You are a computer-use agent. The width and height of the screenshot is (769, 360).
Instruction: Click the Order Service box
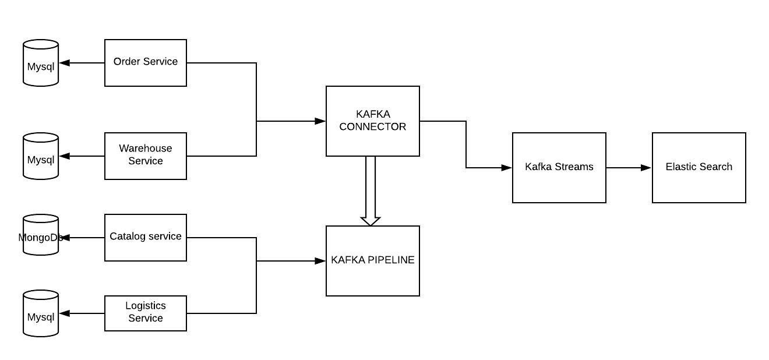(x=146, y=63)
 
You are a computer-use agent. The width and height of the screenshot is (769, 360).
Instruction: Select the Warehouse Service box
(x=146, y=156)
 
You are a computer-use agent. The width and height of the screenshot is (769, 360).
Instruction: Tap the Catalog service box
(x=146, y=237)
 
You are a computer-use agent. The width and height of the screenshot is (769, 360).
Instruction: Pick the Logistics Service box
(x=146, y=313)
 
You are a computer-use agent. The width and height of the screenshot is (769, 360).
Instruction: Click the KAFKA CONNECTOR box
(x=373, y=121)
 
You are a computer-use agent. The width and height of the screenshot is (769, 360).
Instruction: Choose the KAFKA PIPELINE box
(x=373, y=260)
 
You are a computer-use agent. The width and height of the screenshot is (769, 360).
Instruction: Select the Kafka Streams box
(x=559, y=167)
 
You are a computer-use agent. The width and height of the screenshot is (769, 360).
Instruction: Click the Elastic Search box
(x=699, y=167)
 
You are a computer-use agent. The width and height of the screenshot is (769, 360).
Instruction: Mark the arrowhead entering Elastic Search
(x=646, y=168)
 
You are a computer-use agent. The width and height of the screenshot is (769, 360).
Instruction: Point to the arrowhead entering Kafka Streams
(x=506, y=168)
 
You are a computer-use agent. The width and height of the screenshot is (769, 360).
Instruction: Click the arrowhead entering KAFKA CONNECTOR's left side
(x=320, y=121)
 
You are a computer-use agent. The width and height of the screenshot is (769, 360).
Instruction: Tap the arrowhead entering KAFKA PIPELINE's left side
(x=320, y=261)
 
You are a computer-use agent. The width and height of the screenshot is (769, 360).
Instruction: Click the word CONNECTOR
(x=373, y=126)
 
